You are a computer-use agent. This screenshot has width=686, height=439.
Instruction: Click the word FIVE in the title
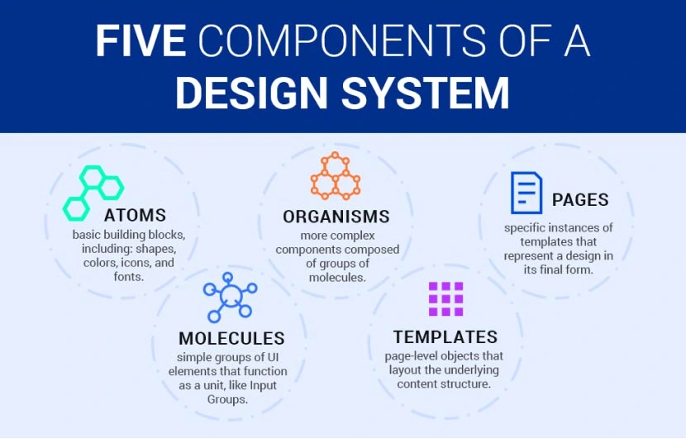click(140, 41)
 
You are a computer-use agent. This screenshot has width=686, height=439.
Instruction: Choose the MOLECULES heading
click(231, 338)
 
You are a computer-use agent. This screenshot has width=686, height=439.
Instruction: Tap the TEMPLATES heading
click(445, 337)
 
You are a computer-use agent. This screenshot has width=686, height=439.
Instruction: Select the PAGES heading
click(580, 200)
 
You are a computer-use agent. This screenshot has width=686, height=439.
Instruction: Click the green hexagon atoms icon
click(93, 193)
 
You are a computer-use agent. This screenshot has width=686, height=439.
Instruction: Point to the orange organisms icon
click(336, 176)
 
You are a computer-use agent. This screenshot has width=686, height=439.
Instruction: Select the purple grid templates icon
click(445, 299)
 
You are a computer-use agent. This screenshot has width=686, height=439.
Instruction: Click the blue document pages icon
click(526, 193)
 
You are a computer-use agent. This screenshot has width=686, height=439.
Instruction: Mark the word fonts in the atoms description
click(128, 278)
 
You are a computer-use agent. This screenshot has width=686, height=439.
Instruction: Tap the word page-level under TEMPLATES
click(413, 356)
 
